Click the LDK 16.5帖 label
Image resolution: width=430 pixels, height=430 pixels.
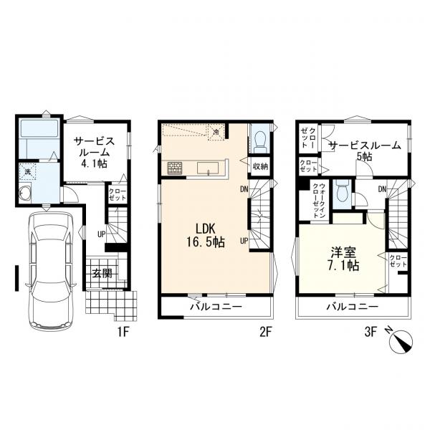tap(206, 235)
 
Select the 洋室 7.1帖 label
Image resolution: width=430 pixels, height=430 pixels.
tap(343, 259)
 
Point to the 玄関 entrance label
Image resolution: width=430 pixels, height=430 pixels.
tap(102, 274)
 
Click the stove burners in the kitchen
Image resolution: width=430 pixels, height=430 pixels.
tap(175, 168)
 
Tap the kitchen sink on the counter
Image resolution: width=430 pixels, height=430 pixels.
tap(208, 168)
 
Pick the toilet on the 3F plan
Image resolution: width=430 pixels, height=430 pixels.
tap(342, 193)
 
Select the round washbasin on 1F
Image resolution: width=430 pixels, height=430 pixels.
tap(25, 193)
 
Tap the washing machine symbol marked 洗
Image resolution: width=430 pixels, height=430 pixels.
tap(27, 172)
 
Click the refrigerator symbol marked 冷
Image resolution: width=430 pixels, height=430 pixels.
tap(216, 132)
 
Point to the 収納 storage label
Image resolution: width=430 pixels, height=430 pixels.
tap(260, 166)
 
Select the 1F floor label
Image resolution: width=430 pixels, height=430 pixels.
tap(123, 333)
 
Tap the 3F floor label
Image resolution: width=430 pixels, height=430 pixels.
tap(371, 333)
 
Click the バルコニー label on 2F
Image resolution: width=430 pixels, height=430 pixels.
tap(216, 306)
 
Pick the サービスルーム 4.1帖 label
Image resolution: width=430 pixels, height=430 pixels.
tap(94, 153)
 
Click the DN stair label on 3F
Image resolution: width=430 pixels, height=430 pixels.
tap(383, 189)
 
